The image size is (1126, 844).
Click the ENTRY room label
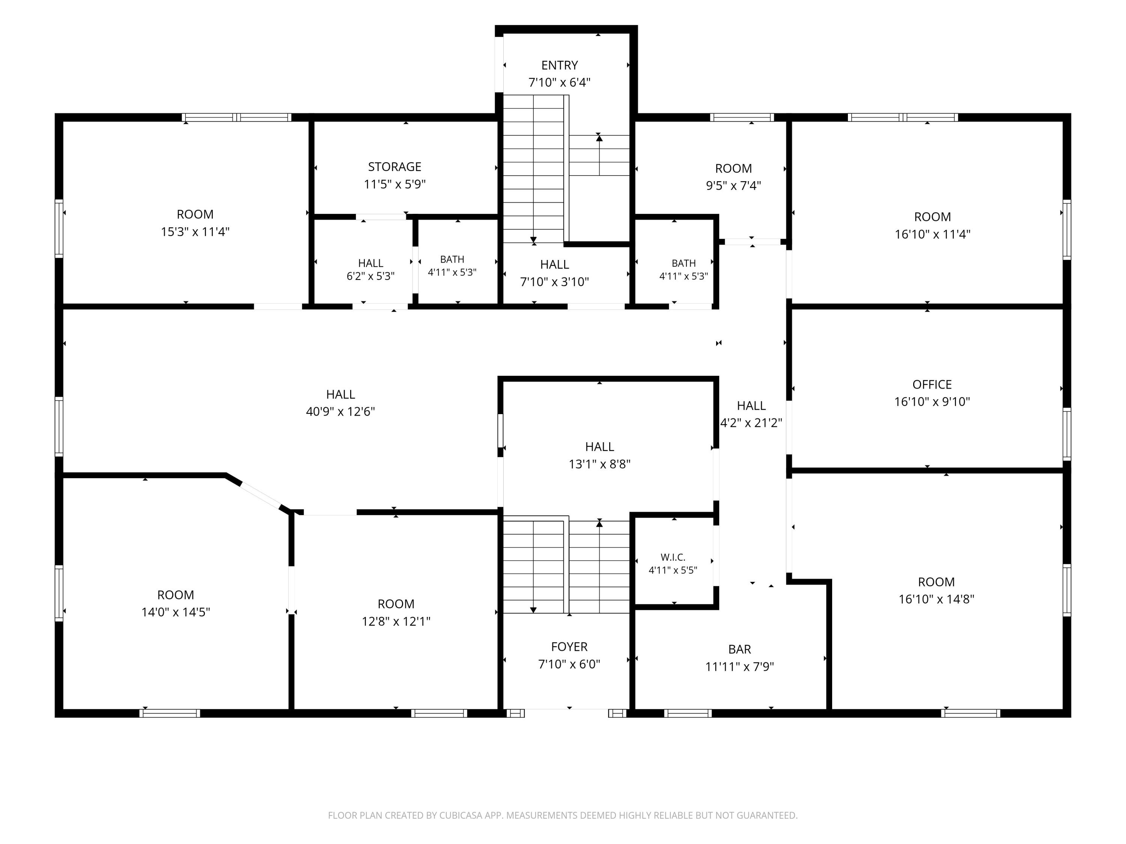[560, 65]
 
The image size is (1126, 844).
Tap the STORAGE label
[394, 167]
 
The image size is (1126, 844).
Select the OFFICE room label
[932, 384]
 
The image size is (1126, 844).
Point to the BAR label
[740, 650]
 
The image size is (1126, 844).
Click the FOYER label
[569, 647]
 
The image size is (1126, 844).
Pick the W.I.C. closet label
[673, 557]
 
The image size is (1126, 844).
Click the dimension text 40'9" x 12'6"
[340, 411]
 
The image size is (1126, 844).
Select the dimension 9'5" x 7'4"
[733, 186]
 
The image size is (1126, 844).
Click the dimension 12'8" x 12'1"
[396, 621]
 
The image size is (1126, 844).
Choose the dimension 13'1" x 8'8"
[600, 464]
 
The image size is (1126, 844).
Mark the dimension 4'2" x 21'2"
[751, 423]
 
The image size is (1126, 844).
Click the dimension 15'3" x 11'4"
[195, 232]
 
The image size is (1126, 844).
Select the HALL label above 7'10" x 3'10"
[554, 264]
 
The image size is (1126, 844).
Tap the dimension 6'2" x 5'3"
[370, 276]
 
